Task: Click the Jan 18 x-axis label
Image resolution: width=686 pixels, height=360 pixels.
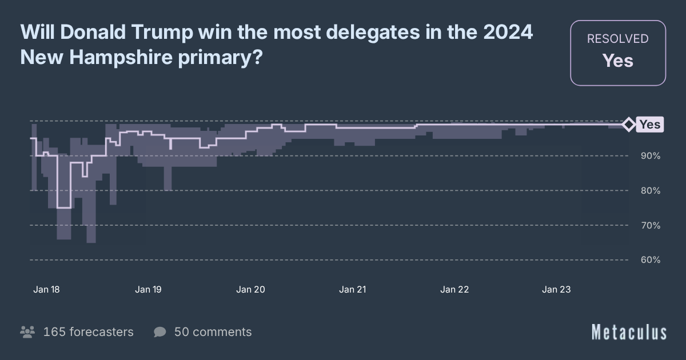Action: point(46,290)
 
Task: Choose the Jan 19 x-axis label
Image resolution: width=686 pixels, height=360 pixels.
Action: point(148,290)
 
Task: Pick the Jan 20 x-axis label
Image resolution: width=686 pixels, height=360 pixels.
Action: point(250,290)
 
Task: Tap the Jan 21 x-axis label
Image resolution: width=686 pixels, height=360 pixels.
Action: point(353,290)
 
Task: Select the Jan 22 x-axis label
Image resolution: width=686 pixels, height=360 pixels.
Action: point(454,290)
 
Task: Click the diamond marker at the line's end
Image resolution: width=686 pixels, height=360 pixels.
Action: point(628,124)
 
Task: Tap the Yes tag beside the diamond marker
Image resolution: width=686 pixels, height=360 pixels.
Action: point(650,125)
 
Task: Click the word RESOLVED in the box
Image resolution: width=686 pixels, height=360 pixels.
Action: point(618,39)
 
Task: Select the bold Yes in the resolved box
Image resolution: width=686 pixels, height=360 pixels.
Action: point(618,61)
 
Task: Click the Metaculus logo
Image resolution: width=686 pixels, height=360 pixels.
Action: point(629,332)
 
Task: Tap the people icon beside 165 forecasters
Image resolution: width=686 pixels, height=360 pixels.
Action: point(27,332)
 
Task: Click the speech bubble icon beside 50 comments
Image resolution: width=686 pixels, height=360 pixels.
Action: point(160,332)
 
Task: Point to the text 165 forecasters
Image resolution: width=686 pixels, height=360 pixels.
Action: point(88,332)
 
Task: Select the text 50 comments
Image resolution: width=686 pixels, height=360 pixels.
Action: point(213,332)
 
